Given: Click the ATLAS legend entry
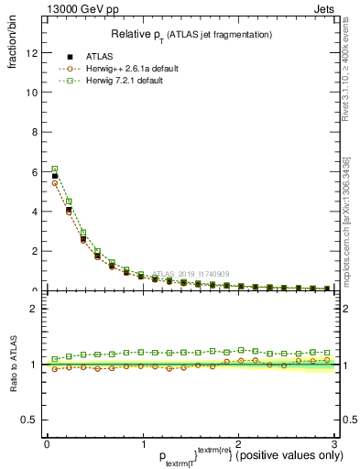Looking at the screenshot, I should [100, 56].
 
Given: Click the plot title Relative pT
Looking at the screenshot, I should [191, 34].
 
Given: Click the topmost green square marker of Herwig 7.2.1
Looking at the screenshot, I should [55, 169].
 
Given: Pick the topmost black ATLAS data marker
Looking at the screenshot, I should [55, 176].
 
